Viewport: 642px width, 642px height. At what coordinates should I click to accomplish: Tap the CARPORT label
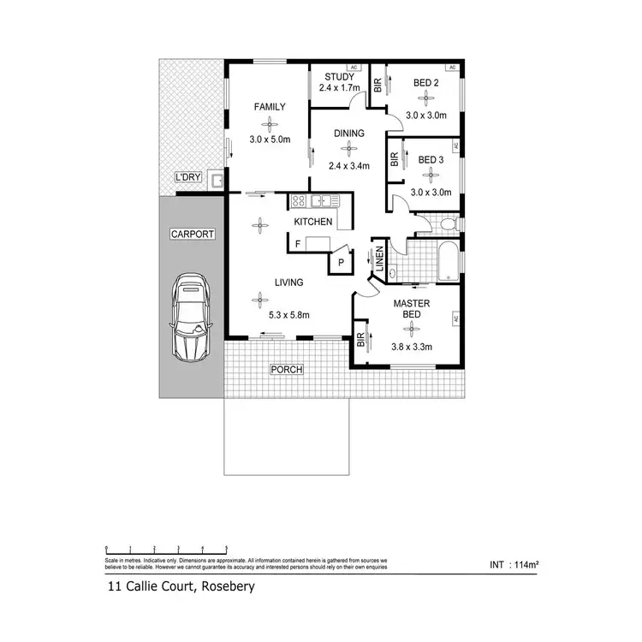click(192, 234)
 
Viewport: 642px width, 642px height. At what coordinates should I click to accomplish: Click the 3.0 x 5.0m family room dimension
click(270, 140)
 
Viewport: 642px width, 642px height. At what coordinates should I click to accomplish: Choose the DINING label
click(349, 133)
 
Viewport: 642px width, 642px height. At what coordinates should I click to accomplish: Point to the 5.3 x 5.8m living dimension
click(288, 315)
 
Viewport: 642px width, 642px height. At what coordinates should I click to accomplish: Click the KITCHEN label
click(312, 223)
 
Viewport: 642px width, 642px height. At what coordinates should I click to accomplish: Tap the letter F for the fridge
click(297, 244)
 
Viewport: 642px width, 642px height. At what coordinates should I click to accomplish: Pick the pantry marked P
click(340, 263)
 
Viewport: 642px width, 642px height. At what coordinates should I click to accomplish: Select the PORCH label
click(287, 370)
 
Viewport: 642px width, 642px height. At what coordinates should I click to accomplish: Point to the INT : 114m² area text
click(514, 565)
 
